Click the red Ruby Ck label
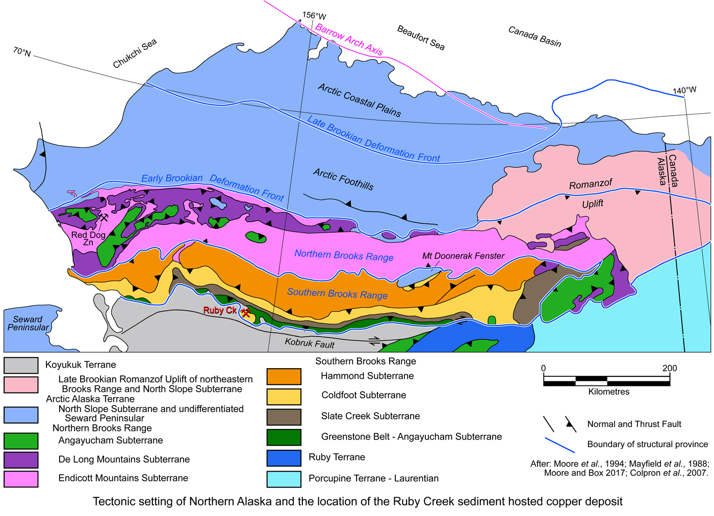pyautogui.click(x=220, y=310)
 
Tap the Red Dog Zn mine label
pyautogui.click(x=88, y=238)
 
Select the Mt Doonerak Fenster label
pyautogui.click(x=463, y=256)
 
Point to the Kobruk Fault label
pyautogui.click(x=310, y=343)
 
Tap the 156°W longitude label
pyautogui.click(x=314, y=16)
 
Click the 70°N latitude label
pyautogui.click(x=22, y=52)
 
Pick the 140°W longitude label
pyautogui.click(x=684, y=90)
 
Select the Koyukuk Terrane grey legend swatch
pyautogui.click(x=21, y=365)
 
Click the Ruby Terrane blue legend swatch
pyautogui.click(x=284, y=457)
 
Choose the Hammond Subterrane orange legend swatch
pyautogui.click(x=284, y=376)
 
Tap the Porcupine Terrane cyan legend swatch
pyautogui.click(x=284, y=479)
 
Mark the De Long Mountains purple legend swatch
pyautogui.click(x=21, y=459)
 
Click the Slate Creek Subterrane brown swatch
pyautogui.click(x=284, y=417)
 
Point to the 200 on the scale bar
pyautogui.click(x=670, y=368)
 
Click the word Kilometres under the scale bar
pyautogui.click(x=608, y=392)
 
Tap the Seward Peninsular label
pyautogui.click(x=28, y=323)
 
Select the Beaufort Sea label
pyautogui.click(x=421, y=38)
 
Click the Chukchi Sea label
pyautogui.click(x=135, y=54)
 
